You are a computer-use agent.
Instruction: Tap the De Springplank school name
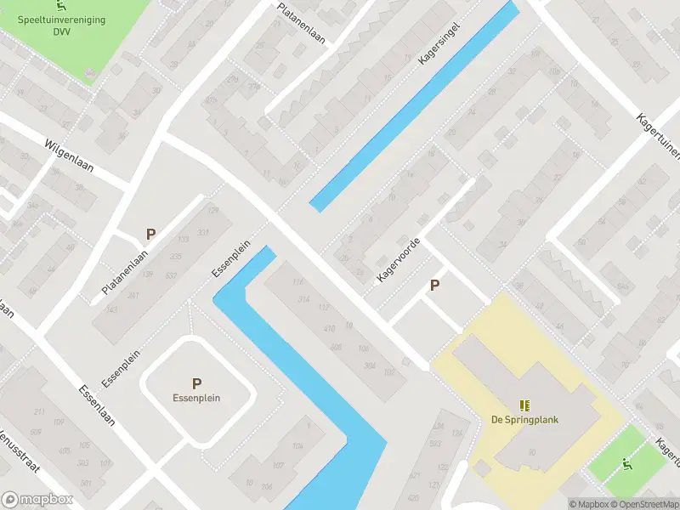[524, 419]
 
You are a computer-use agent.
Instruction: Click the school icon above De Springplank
[524, 405]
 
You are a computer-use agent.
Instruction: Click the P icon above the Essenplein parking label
[196, 383]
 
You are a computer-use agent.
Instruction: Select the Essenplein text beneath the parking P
[196, 398]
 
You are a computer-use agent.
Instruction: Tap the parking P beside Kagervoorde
[435, 286]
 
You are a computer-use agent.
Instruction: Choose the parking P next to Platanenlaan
[151, 234]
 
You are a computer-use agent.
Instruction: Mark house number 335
[176, 256]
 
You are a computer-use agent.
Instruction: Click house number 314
[303, 298]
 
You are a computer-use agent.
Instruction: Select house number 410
[330, 328]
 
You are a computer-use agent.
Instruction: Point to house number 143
[111, 309]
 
